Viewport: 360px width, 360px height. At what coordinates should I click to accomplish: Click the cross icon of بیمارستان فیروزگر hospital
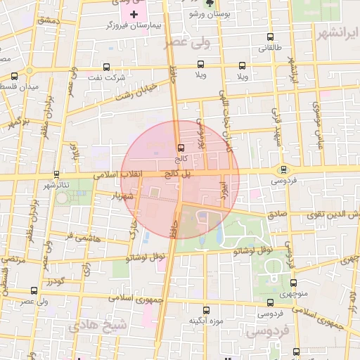pyautogui.click(x=134, y=14)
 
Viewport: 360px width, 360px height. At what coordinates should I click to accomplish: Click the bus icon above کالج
pyautogui.click(x=181, y=148)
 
